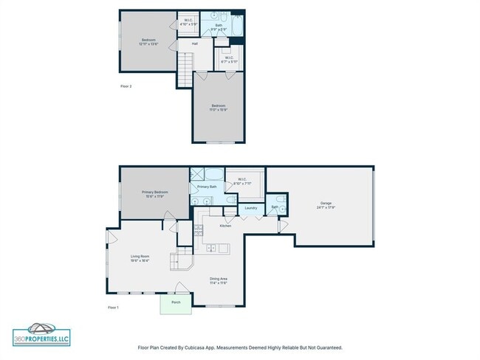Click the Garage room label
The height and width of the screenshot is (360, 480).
click(326, 205)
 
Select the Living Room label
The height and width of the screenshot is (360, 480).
click(140, 258)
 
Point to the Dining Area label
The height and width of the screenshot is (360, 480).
click(219, 280)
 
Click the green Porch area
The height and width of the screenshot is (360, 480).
click(176, 303)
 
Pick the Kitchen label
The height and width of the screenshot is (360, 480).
click(224, 226)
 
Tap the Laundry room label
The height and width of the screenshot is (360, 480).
click(251, 208)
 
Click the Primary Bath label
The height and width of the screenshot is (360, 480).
click(207, 187)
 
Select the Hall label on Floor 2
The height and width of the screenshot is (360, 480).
click(195, 44)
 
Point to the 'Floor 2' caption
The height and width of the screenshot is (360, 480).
click(126, 86)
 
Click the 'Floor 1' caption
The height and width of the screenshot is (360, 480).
click(113, 307)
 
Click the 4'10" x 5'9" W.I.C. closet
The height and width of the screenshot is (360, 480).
click(188, 23)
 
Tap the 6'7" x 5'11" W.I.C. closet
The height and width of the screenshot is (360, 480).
click(229, 59)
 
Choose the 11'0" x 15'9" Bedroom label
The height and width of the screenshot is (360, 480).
click(218, 108)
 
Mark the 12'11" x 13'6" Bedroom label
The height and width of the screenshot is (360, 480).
click(148, 42)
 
